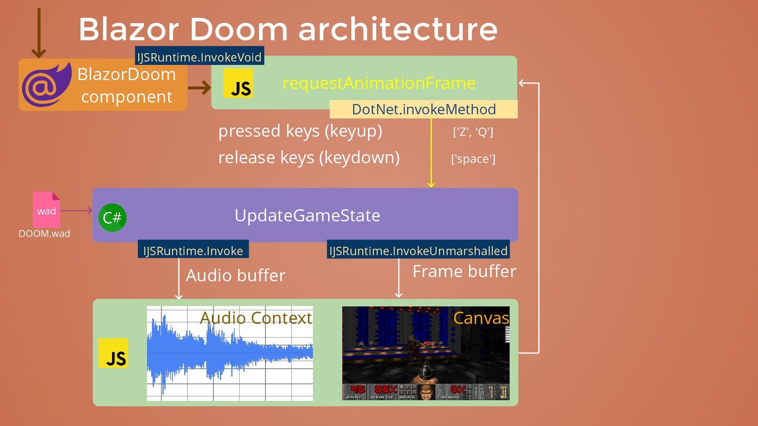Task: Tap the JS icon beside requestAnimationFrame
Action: tap(238, 83)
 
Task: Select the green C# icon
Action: tap(113, 218)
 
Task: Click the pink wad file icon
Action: tap(47, 209)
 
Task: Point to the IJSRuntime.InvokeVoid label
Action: tap(199, 57)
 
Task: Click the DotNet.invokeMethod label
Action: tap(424, 109)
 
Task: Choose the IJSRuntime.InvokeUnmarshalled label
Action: tap(418, 251)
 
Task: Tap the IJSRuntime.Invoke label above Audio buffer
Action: tap(193, 251)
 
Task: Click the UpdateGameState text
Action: tap(307, 216)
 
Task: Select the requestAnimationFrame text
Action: tap(379, 83)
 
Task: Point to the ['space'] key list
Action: tap(473, 159)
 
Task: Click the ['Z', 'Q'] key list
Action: tap(473, 132)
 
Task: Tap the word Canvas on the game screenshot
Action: tap(481, 318)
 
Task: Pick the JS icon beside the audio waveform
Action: tap(113, 353)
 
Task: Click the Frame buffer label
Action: tap(464, 272)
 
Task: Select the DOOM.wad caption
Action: tap(44, 234)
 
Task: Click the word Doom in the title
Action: tap(238, 29)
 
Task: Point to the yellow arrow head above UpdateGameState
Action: tap(431, 184)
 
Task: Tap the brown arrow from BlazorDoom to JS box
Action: tap(199, 87)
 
